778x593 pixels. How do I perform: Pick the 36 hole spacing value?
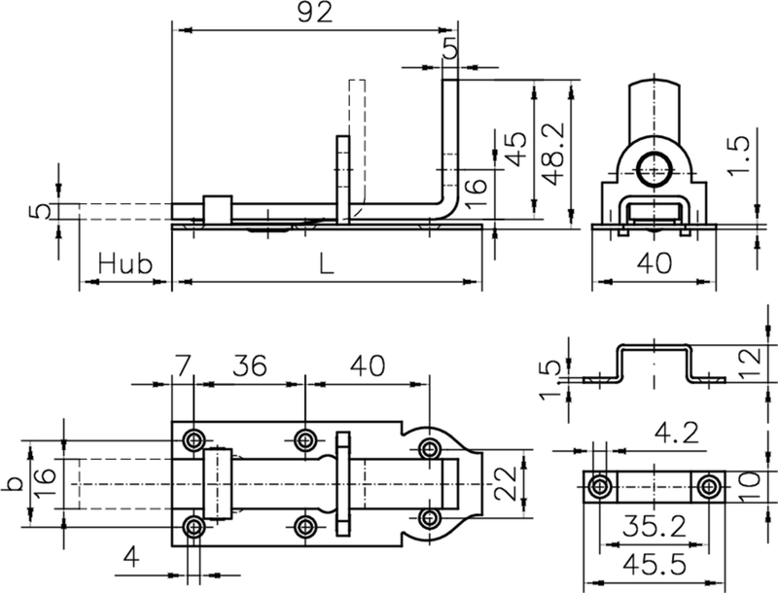(x=251, y=366)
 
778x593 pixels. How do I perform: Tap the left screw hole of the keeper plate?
(x=602, y=485)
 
